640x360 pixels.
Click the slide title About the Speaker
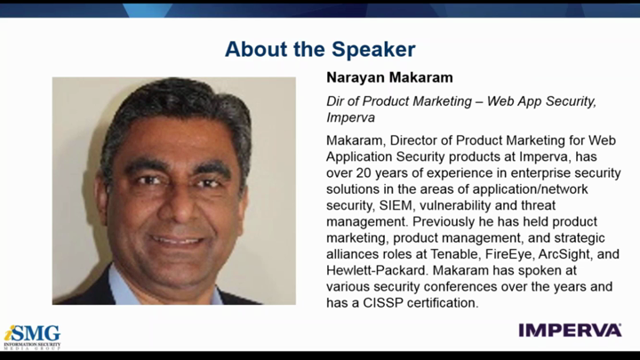pyautogui.click(x=320, y=50)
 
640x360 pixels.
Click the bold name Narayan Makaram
pyautogui.click(x=389, y=77)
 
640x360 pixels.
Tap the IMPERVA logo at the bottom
pyautogui.click(x=570, y=330)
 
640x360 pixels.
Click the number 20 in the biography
pyautogui.click(x=364, y=173)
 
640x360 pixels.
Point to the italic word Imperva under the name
pyautogui.click(x=350, y=117)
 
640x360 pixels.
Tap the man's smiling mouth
pyautogui.click(x=177, y=240)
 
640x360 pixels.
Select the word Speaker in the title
pyautogui.click(x=373, y=50)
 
